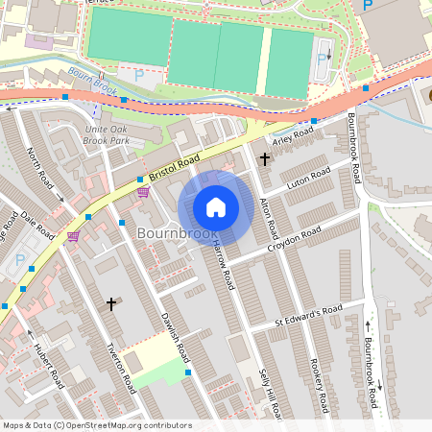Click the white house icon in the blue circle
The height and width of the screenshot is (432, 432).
coord(216,207)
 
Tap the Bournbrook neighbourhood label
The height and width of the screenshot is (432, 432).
coord(177,233)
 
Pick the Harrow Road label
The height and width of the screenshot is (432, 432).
coord(223,265)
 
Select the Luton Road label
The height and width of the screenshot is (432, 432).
coord(308,177)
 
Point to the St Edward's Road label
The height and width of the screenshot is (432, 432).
coord(308,314)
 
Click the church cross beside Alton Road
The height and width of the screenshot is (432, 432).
coord(265,159)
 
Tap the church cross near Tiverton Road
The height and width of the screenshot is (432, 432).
coord(111,304)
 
